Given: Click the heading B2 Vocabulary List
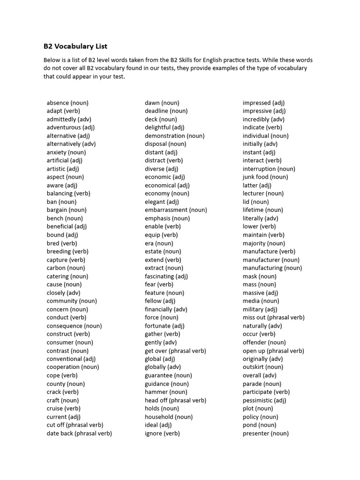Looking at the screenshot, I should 75,46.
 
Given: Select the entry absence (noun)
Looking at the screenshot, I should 67,103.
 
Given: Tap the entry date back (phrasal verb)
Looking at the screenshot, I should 79,433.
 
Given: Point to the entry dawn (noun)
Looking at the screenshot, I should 162,103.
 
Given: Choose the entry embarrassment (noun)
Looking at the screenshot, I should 176,210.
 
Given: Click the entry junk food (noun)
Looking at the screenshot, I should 265,177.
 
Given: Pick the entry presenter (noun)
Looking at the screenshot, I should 265,433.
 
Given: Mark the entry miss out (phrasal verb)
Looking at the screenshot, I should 273,317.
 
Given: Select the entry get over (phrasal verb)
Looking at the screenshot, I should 175,351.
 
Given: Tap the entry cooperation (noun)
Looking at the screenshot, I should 73,367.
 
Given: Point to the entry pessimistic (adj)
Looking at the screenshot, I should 264,400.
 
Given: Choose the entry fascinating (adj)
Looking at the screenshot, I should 166,276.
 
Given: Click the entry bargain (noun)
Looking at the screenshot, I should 67,210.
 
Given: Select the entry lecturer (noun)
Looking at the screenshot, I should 263,193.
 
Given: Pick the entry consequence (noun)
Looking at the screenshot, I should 74,326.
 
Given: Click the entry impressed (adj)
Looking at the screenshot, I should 263,103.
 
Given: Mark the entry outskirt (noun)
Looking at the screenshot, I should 262,367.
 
